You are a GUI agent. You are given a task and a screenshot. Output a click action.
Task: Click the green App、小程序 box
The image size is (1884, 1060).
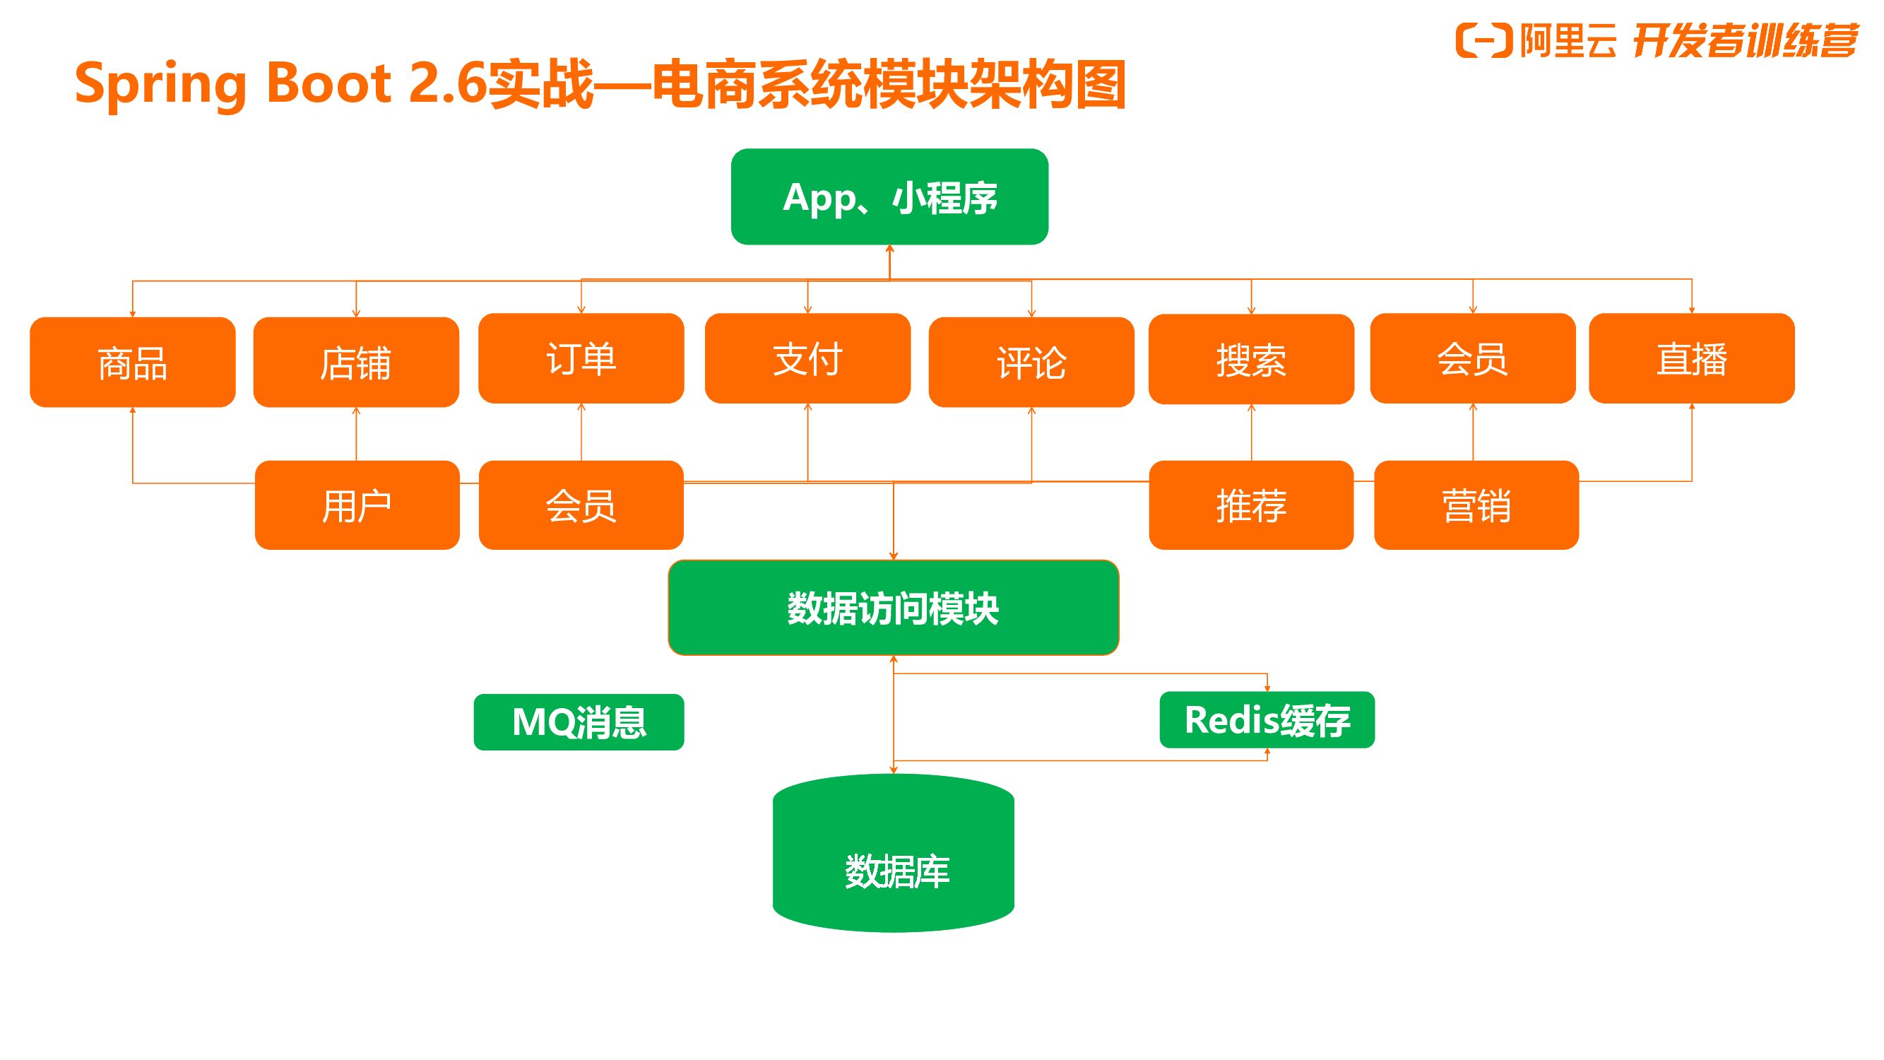(889, 196)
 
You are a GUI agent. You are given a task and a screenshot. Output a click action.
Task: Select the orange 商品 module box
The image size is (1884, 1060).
(132, 362)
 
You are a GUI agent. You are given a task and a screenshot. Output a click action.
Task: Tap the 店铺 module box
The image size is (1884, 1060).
(356, 362)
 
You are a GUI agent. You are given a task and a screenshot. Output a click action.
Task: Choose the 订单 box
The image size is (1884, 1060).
(581, 358)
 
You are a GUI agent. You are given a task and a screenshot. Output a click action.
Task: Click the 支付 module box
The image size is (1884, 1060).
(807, 358)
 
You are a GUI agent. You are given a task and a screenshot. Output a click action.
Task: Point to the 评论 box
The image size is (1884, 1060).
(1031, 362)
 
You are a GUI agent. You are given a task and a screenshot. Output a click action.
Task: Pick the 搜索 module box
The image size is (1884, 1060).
(1250, 359)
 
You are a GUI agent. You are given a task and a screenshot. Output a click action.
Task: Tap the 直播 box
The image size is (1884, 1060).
(1692, 358)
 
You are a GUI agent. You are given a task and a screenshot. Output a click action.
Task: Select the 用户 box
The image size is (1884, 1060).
(357, 505)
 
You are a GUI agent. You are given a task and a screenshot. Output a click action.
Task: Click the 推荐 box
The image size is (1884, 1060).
(1250, 505)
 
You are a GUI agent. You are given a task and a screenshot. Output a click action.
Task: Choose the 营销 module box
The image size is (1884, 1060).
(1476, 505)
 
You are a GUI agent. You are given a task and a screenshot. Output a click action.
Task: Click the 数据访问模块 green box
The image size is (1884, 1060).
(893, 608)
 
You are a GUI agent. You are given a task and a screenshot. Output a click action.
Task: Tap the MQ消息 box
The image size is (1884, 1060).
(579, 722)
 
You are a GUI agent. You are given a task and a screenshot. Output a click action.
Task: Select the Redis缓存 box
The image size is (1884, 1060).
(1267, 720)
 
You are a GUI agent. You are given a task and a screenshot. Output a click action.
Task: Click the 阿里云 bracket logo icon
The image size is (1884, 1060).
(1484, 40)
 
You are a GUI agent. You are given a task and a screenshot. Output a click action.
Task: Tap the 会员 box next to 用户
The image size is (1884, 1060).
(581, 505)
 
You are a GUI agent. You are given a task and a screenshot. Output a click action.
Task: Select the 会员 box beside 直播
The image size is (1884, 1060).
(1472, 358)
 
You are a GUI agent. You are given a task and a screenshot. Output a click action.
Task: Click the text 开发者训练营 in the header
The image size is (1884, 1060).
(1744, 40)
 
